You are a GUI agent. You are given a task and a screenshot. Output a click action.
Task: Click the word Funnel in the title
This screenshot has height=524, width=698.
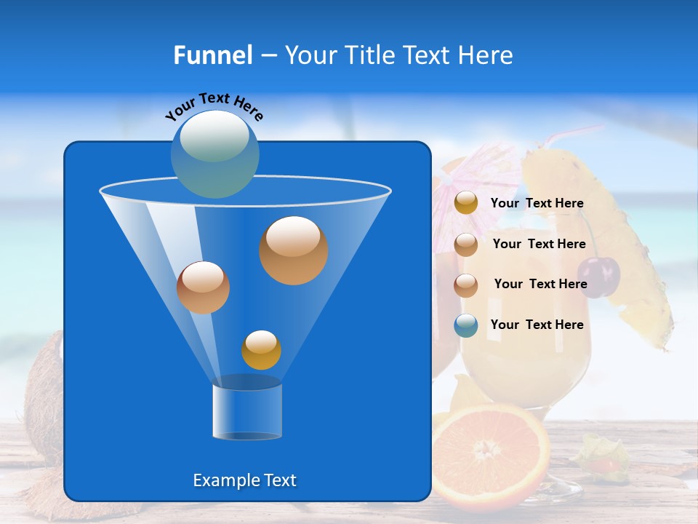(x=212, y=55)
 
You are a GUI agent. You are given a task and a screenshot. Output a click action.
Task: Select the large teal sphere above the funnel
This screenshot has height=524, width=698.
(x=214, y=154)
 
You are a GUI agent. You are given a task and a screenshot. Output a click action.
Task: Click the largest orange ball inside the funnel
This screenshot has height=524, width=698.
(x=293, y=250)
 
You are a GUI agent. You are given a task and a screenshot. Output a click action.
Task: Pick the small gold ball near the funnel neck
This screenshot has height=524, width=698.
(x=261, y=350)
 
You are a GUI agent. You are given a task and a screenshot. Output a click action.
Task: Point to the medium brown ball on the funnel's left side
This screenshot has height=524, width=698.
(x=203, y=287)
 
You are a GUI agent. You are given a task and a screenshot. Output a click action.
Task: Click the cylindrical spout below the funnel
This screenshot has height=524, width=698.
(x=247, y=411)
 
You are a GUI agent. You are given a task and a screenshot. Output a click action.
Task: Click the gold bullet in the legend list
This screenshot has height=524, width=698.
(x=466, y=203)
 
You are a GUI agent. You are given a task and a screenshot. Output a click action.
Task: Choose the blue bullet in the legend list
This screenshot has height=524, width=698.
(x=466, y=325)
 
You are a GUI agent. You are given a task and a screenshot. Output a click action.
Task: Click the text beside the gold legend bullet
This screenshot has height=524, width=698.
(x=537, y=204)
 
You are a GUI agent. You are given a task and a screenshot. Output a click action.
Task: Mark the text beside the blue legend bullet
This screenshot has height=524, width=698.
(x=537, y=325)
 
